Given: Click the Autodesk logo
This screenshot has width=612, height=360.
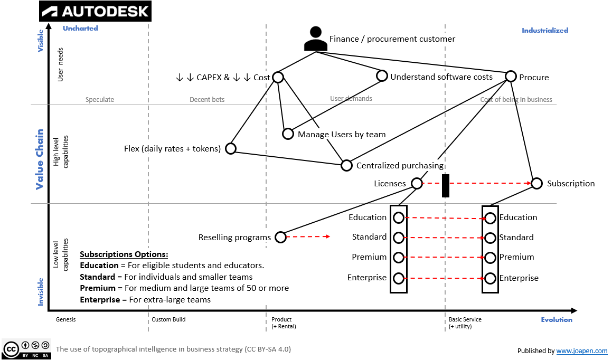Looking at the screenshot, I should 96,11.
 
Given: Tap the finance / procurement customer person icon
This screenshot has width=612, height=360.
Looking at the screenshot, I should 316,39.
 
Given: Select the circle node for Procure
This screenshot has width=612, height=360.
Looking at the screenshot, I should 511,77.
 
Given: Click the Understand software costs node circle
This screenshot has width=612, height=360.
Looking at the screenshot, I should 382,76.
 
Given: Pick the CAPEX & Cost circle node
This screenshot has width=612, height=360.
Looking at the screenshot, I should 278,78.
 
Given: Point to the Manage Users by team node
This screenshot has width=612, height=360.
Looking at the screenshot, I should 288,134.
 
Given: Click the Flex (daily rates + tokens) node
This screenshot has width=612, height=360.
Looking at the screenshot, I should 231,148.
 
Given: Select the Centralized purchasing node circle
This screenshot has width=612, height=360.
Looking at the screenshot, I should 346,165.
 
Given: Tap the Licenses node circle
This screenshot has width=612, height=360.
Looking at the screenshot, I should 417,183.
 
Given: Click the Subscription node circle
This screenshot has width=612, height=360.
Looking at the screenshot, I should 536,183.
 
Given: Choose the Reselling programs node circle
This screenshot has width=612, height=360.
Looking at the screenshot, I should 281,237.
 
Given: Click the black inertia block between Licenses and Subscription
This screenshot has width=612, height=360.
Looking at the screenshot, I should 445,186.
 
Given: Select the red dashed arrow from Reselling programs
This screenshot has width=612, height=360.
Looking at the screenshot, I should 309,237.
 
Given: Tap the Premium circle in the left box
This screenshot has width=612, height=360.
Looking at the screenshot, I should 399,258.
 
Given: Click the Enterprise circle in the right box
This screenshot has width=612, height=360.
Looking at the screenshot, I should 491,278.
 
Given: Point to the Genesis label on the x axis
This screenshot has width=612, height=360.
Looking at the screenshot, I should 66,320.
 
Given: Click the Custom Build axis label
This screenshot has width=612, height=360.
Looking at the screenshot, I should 168,320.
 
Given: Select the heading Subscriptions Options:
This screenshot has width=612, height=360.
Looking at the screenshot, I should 124,254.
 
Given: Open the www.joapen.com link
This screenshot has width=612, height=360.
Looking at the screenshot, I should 581,351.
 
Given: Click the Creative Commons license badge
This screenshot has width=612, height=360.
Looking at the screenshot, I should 26,349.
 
